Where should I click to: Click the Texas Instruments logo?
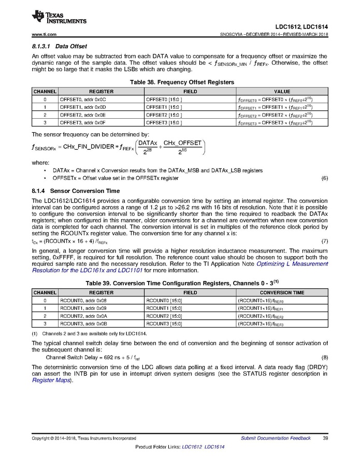point(59,18)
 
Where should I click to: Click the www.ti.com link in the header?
point(44,34)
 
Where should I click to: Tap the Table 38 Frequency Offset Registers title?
point(181,82)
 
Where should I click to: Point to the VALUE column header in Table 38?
point(282,91)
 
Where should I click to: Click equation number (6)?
point(325,178)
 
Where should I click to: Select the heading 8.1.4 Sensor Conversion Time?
point(75,191)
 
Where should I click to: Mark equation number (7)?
point(325,242)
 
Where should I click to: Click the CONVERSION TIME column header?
point(282,292)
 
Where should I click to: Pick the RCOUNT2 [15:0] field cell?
point(164,316)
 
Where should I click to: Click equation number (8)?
point(325,358)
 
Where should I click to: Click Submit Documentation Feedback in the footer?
point(276,438)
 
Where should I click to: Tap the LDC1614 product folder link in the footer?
point(214,447)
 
